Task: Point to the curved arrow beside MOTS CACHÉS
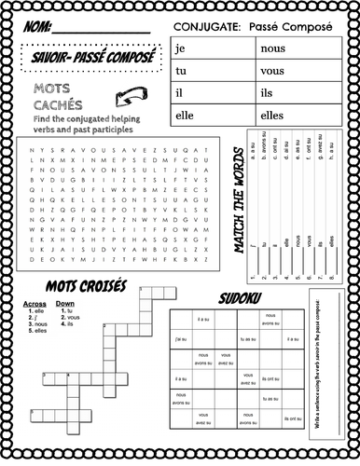(x=129, y=98)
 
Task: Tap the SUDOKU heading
(x=241, y=299)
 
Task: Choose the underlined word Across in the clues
(x=35, y=305)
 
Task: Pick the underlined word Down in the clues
(x=65, y=305)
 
